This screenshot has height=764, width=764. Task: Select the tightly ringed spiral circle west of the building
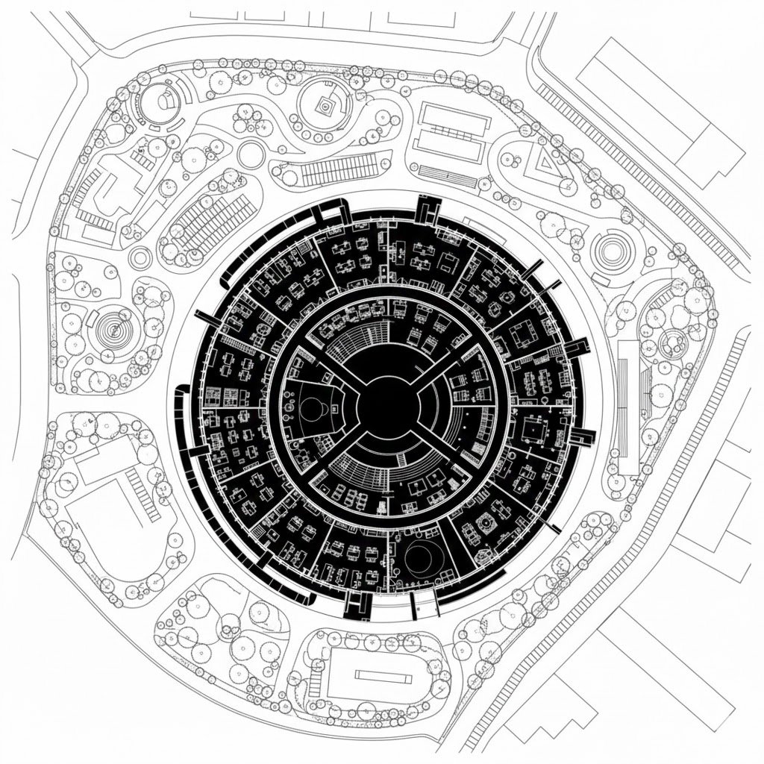coord(113,325)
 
